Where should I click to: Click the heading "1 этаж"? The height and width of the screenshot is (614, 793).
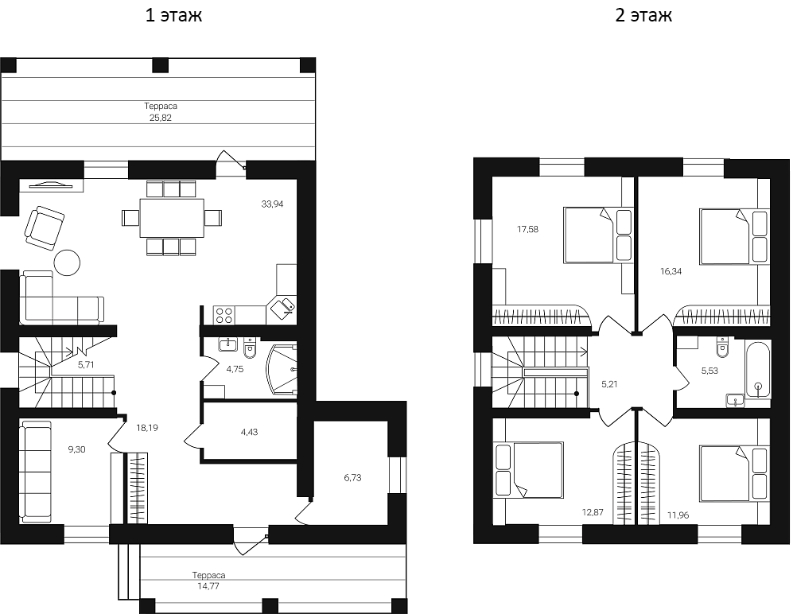(x=173, y=15)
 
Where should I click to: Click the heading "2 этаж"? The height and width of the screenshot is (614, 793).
(x=643, y=15)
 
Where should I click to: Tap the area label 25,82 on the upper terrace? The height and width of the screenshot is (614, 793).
(x=160, y=117)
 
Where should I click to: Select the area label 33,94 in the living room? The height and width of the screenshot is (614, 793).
(x=272, y=204)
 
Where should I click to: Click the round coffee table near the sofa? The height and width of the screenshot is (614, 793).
(x=67, y=262)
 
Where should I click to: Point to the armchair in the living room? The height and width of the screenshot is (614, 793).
(x=44, y=226)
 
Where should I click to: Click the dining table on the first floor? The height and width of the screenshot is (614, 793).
(x=172, y=218)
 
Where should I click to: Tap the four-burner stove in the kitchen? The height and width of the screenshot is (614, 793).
(x=224, y=315)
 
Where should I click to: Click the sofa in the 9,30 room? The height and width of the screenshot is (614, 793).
(x=36, y=472)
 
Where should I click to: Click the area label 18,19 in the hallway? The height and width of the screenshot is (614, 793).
(x=146, y=428)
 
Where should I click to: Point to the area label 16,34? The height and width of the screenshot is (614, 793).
(x=671, y=271)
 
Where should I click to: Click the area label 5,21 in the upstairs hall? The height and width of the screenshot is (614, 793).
(x=610, y=384)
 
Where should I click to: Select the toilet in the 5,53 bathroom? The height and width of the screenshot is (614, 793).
(x=723, y=348)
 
